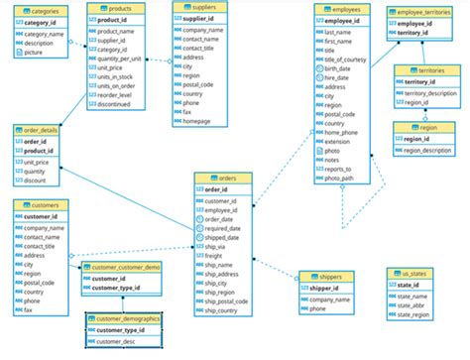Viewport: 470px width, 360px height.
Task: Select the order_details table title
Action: point(41,130)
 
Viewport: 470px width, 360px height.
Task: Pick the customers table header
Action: point(43,205)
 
